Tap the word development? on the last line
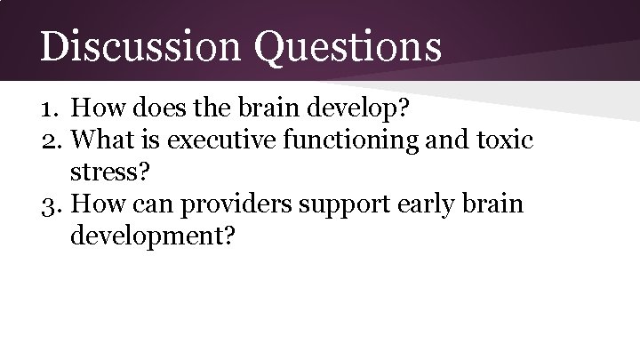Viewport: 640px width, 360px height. (153, 237)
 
